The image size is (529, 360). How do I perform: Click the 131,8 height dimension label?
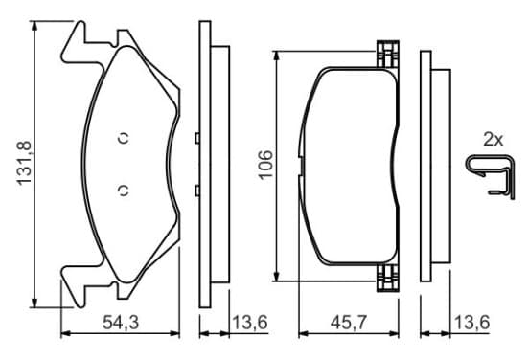(x=24, y=164)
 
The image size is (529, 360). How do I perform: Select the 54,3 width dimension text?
(x=121, y=323)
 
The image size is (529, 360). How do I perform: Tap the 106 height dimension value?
(x=265, y=166)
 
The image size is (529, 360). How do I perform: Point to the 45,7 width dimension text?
(x=349, y=323)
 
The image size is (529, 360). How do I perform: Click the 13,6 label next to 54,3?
(x=250, y=323)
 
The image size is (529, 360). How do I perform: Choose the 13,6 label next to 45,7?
(x=472, y=323)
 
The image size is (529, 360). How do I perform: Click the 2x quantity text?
(x=493, y=139)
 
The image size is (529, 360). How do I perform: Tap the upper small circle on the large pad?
(x=124, y=138)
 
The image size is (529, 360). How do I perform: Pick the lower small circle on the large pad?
(x=124, y=191)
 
